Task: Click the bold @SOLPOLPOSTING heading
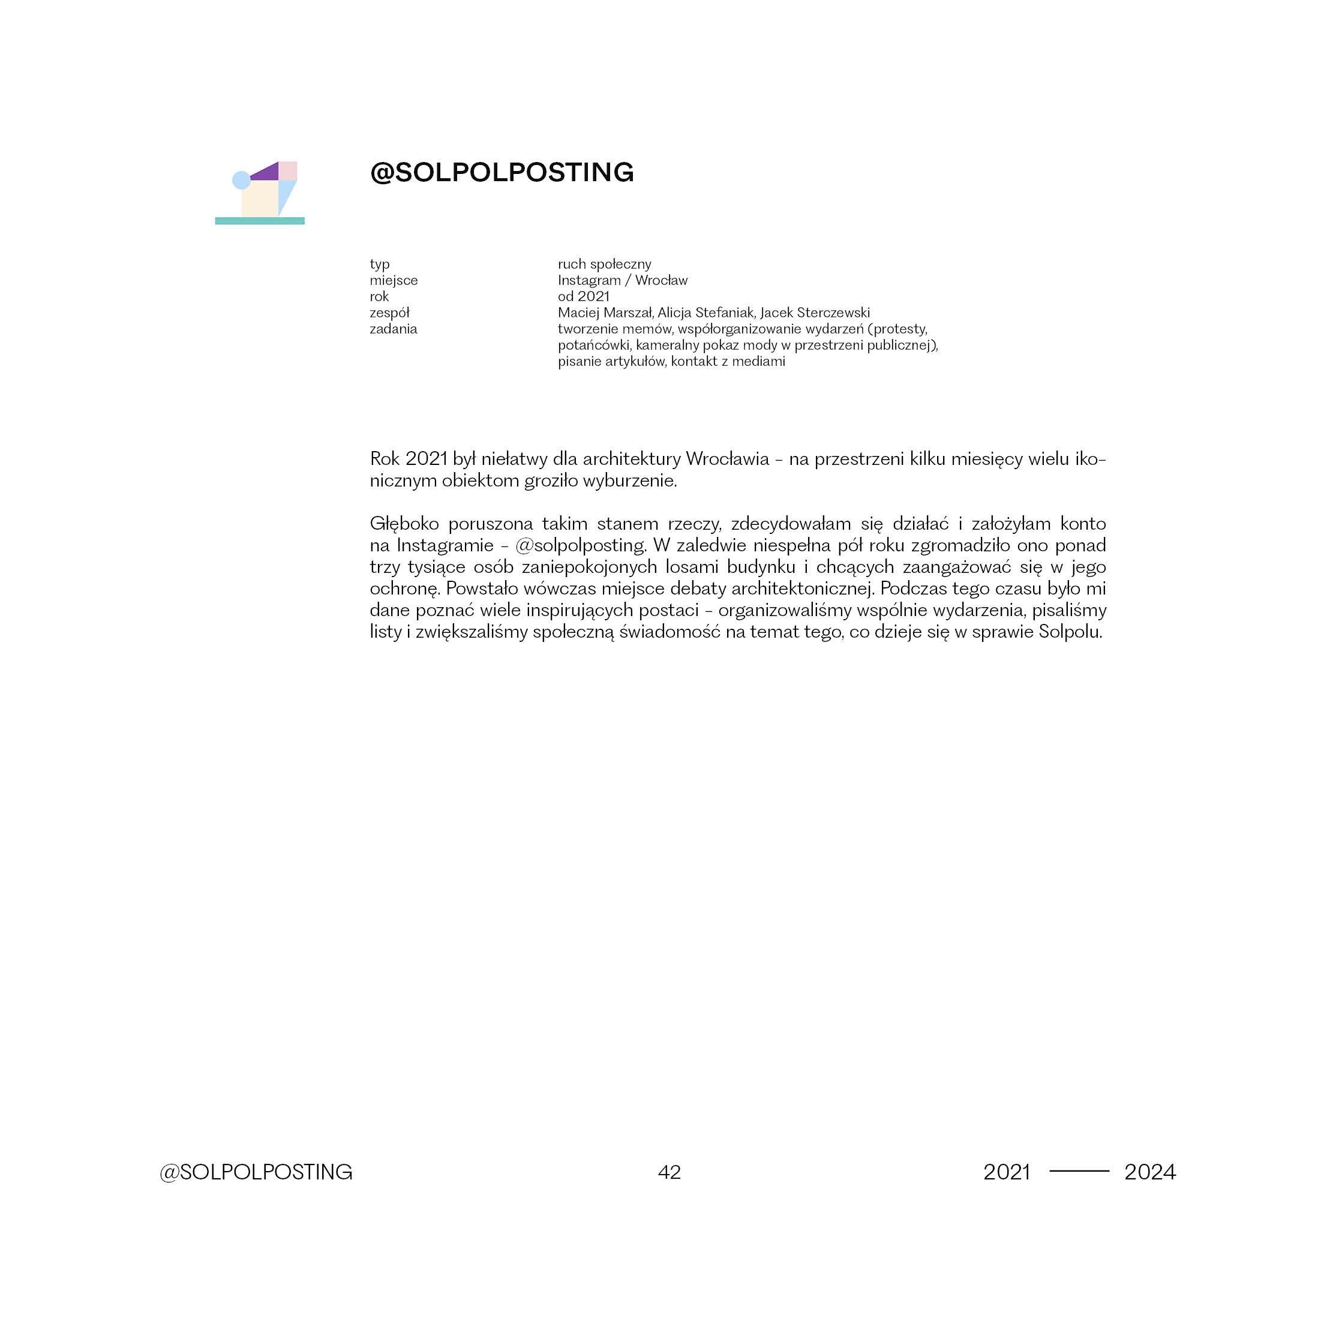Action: (x=502, y=173)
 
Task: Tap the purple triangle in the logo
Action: (x=268, y=173)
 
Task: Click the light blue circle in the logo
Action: (x=241, y=180)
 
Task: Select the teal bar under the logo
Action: (x=260, y=221)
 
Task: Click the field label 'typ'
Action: (x=379, y=264)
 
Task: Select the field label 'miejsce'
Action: (x=393, y=281)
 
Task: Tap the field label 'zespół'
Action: (x=389, y=313)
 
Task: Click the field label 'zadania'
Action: (x=393, y=329)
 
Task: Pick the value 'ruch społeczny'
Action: (x=604, y=264)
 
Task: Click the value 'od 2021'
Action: (x=584, y=296)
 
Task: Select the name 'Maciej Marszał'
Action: (x=605, y=313)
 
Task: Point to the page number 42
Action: (x=669, y=1172)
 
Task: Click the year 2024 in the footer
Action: (x=1150, y=1172)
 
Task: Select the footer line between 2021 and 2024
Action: (x=1079, y=1171)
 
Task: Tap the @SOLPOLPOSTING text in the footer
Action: (x=256, y=1172)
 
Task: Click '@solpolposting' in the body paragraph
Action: (x=581, y=546)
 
